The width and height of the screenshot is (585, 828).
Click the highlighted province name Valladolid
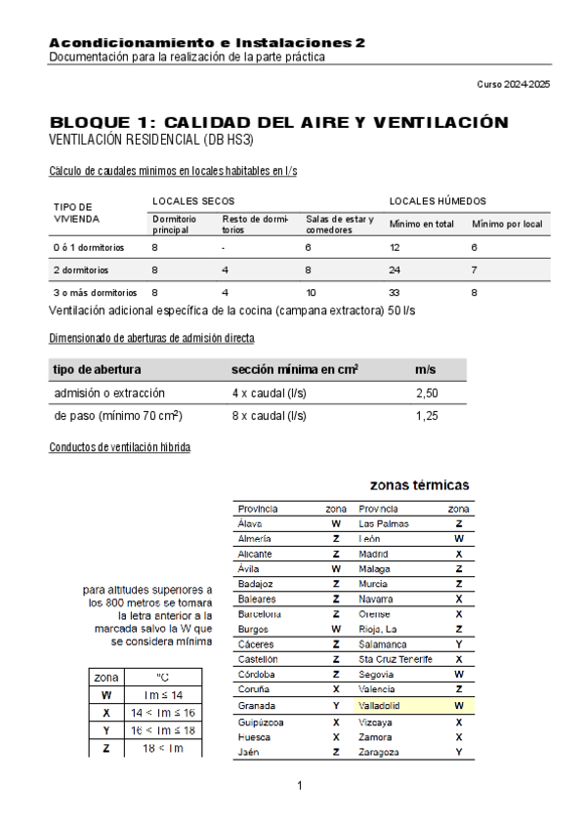pyautogui.click(x=380, y=705)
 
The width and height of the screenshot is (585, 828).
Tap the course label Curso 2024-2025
pyautogui.click(x=513, y=85)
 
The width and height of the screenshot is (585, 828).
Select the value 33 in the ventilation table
pyautogui.click(x=396, y=292)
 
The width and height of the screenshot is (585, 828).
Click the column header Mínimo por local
pyautogui.click(x=507, y=225)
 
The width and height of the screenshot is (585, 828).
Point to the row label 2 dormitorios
pyautogui.click(x=81, y=269)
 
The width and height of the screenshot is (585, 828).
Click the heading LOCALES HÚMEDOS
pyautogui.click(x=438, y=200)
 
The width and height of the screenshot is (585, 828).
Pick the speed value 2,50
pyautogui.click(x=426, y=393)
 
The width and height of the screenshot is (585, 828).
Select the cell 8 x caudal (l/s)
pyautogui.click(x=269, y=416)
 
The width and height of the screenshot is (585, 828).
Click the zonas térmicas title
pyautogui.click(x=419, y=484)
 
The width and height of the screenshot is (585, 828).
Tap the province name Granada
pyautogui.click(x=256, y=705)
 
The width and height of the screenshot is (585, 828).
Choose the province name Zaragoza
pyautogui.click(x=380, y=752)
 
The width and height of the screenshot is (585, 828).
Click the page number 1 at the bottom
pyautogui.click(x=300, y=785)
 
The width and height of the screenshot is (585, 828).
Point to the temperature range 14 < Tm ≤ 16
pyautogui.click(x=162, y=713)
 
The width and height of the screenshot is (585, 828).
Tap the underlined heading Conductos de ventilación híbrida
pyautogui.click(x=119, y=447)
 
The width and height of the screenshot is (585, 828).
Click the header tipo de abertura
pyautogui.click(x=97, y=370)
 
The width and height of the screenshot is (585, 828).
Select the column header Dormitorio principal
pyautogui.click(x=175, y=225)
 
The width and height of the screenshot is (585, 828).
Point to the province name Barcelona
pyautogui.click(x=260, y=614)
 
